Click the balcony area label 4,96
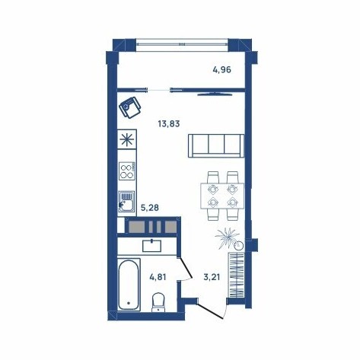(222, 69)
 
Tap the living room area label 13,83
(169, 124)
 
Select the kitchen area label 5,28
(150, 208)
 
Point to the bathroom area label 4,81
(158, 277)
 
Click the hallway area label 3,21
(212, 277)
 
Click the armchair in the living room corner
(130, 107)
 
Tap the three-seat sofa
(216, 146)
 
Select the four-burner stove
(127, 171)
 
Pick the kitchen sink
(126, 202)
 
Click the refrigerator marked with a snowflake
(127, 139)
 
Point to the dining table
(222, 196)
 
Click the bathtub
(129, 285)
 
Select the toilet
(158, 302)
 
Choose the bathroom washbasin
(151, 246)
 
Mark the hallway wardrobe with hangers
(237, 275)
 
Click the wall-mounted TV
(215, 94)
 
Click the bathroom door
(186, 268)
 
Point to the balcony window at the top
(182, 45)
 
